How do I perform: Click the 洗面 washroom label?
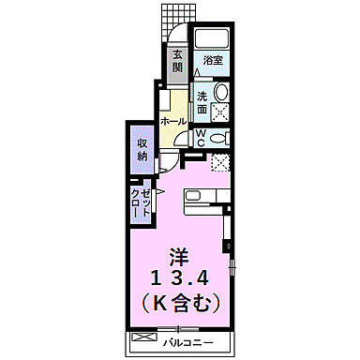click(203, 101)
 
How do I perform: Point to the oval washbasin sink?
click(221, 93)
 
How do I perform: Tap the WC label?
click(200, 137)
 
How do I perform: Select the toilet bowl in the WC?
click(219, 137)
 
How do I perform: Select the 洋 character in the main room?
click(178, 254)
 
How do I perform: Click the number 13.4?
click(179, 277)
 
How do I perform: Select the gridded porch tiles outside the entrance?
click(171, 16)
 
